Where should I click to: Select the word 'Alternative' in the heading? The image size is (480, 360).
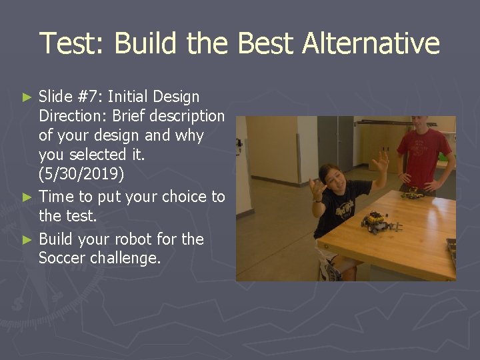point(371,43)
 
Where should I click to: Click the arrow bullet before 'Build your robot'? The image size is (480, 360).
point(27,239)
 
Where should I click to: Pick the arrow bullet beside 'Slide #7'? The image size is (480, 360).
point(27,97)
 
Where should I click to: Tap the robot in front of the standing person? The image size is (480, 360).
point(412,194)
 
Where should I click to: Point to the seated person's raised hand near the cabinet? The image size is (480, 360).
point(381,162)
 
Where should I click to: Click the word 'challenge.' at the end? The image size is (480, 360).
point(128,257)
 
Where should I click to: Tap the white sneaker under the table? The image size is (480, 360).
point(328,270)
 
